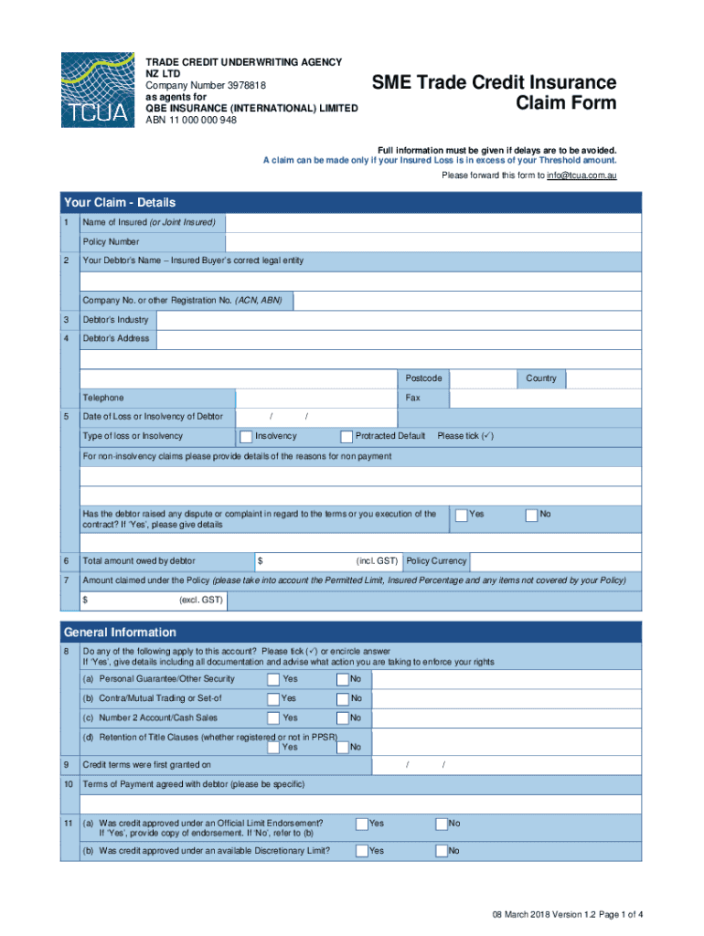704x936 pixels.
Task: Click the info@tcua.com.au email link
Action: [581, 175]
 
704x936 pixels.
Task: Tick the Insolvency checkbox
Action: [246, 436]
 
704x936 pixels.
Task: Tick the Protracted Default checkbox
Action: [347, 436]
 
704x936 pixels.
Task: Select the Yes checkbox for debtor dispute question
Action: [462, 515]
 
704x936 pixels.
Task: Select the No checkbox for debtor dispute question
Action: [531, 515]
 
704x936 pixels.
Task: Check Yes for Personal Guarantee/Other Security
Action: [273, 679]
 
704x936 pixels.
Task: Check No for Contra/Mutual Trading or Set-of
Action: [343, 698]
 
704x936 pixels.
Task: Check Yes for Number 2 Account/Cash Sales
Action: [273, 718]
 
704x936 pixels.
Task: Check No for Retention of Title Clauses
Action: [343, 747]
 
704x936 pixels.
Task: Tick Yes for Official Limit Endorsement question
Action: [362, 824]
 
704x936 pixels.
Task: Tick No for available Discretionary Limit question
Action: [442, 851]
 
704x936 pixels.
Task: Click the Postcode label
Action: [424, 378]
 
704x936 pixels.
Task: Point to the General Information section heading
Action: [120, 633]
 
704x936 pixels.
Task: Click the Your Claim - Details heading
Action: [119, 202]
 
